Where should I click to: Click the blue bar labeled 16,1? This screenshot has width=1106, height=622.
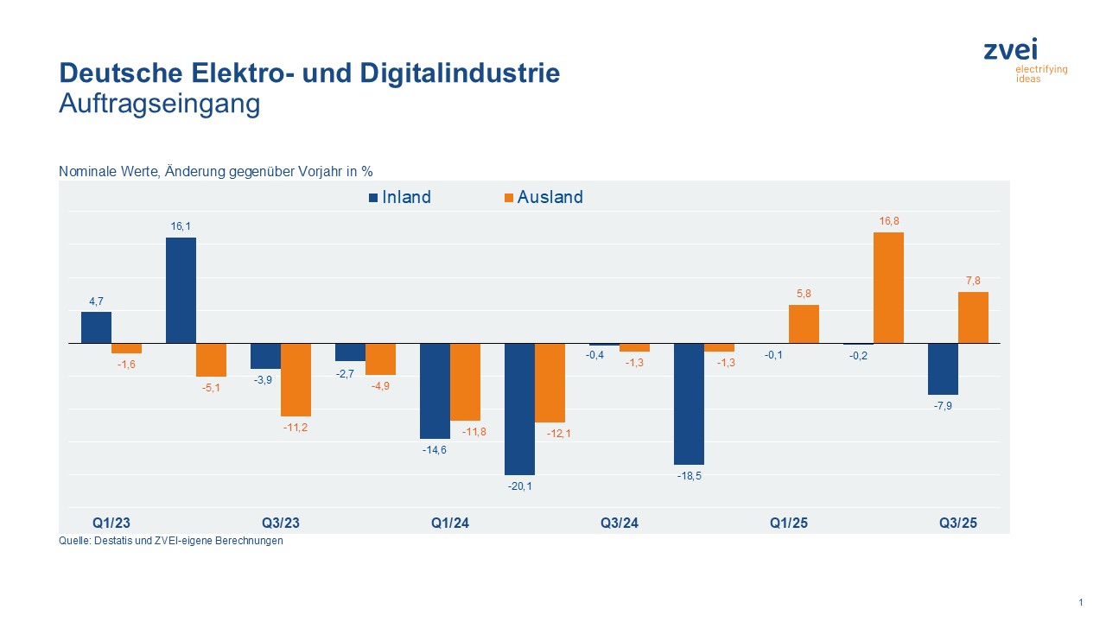pos(181,290)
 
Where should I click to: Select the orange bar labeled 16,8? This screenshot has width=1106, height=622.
pos(888,288)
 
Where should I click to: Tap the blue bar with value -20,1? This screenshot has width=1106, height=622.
pos(519,409)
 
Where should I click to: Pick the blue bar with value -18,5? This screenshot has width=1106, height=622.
pos(689,403)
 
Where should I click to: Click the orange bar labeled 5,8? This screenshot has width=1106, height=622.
pos(804,324)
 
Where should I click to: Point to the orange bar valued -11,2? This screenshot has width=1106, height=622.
pos(296,379)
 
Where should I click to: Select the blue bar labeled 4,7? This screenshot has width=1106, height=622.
pos(96,327)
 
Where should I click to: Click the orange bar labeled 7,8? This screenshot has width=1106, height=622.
pos(973,317)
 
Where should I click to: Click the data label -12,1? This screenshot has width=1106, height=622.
pos(550,433)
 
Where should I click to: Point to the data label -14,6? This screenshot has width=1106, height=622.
pos(435,450)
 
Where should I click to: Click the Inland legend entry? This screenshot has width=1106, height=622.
pos(399,197)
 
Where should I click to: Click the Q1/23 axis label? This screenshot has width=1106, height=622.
pos(111,523)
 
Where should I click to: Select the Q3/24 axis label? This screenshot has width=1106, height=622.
pos(620,523)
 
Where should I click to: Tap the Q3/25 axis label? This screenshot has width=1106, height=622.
pos(958,523)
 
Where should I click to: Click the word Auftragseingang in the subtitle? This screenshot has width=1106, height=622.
pos(159,104)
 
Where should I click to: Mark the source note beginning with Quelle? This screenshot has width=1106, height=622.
pos(170,542)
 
